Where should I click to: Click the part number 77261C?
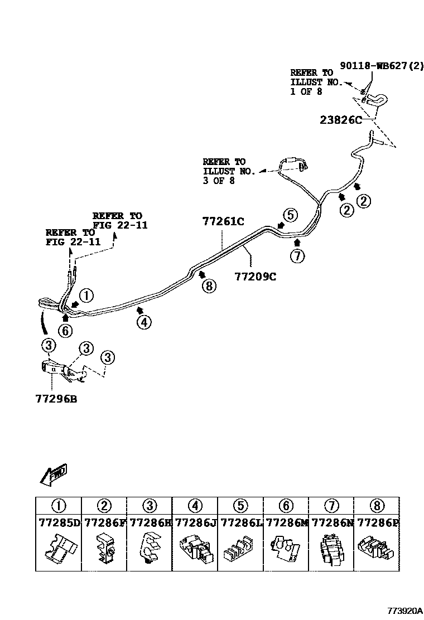coord(223,221)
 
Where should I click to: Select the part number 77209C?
coord(255,277)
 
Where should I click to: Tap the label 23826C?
coord(341,120)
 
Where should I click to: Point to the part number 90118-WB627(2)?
coord(381,65)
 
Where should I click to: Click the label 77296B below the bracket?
coord(56,399)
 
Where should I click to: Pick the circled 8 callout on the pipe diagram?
coord(209,285)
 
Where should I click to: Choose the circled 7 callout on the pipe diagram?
coord(297,256)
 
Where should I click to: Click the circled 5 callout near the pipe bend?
coord(290,215)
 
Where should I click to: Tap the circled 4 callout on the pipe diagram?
coord(144,322)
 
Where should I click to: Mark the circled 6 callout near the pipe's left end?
coord(66,331)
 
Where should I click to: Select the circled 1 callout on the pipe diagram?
coord(86,296)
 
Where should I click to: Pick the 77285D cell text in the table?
coord(59,523)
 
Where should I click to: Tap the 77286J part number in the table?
coord(195,523)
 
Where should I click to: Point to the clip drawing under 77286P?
coord(376,549)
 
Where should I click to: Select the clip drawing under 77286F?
coord(104,548)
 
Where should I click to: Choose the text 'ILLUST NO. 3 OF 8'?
coord(229,176)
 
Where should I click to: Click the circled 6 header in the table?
coord(286,506)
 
